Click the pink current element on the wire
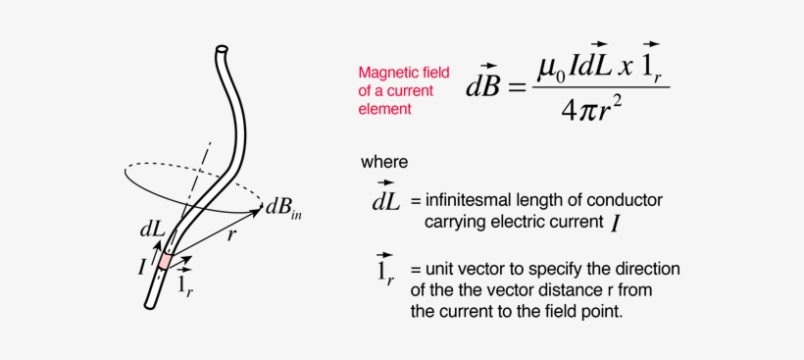pos(166,259)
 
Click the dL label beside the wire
pos(151,228)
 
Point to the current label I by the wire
pos(142,265)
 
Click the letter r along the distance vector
pos(231,235)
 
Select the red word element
pos(384,110)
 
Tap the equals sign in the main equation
pos(517,87)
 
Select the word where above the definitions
pos(384,162)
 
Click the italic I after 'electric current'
pos(614,224)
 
